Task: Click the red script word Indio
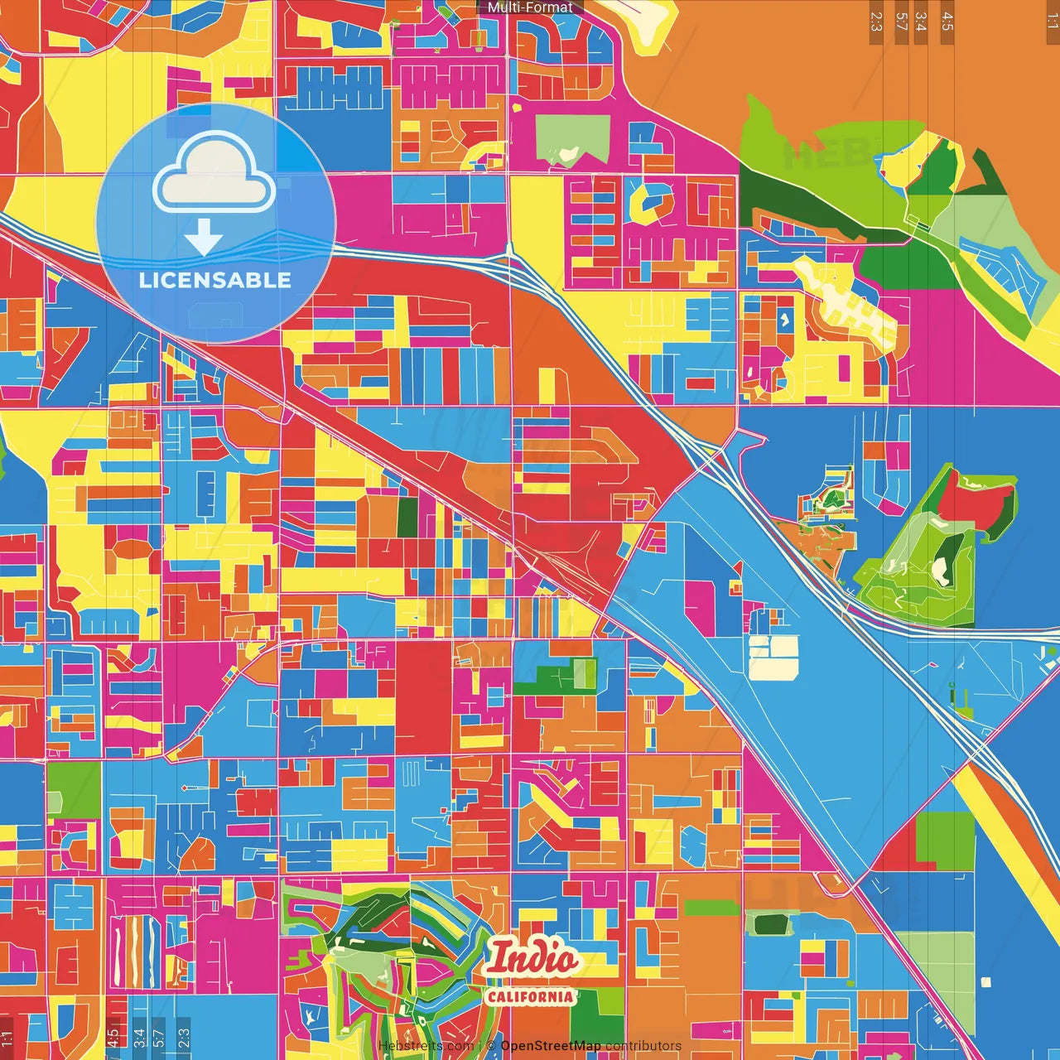click(x=532, y=959)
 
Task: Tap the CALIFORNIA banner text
click(x=530, y=995)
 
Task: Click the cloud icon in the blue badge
click(x=214, y=176)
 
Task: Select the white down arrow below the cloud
click(x=204, y=238)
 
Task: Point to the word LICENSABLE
click(x=214, y=280)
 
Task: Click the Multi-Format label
click(x=530, y=7)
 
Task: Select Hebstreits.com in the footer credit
click(x=426, y=1046)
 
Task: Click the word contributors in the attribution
click(x=643, y=1046)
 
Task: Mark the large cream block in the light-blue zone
click(x=773, y=658)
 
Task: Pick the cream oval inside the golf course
click(x=940, y=570)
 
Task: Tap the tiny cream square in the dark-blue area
click(x=985, y=982)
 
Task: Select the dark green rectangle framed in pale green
click(x=770, y=923)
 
